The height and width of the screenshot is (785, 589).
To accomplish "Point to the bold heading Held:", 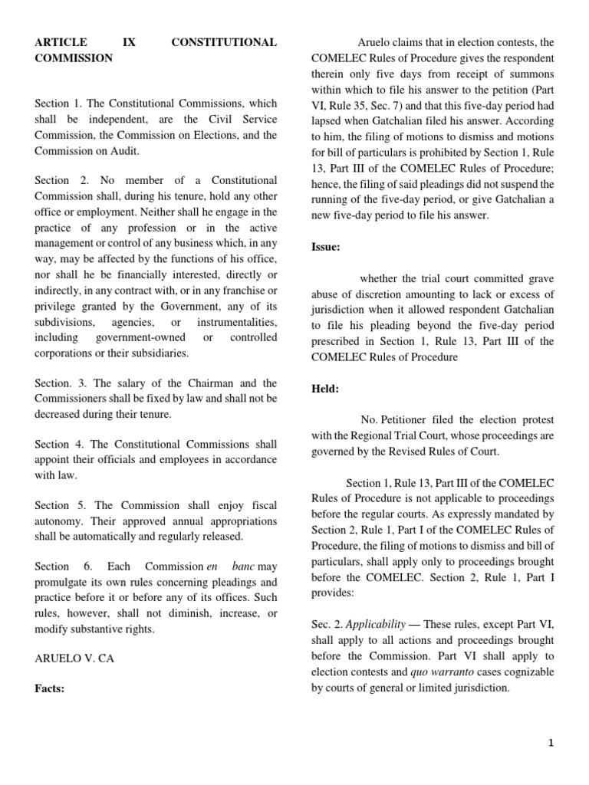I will tap(324, 389).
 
